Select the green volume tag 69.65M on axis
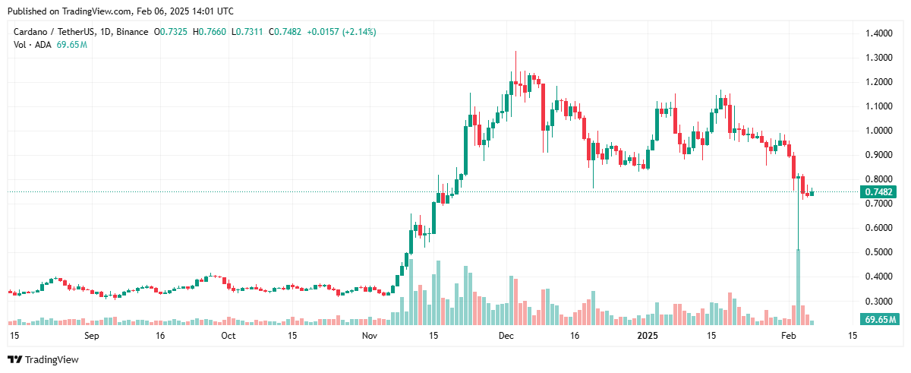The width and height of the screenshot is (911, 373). pos(879,319)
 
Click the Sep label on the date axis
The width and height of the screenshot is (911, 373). pos(91,335)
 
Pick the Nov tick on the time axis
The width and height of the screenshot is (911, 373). pos(369,335)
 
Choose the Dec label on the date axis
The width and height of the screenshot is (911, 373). pos(506,335)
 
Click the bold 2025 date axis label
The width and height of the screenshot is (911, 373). pos(647,335)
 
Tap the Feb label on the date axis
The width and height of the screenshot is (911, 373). pos(788,335)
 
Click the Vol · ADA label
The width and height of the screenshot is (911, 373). pos(33,45)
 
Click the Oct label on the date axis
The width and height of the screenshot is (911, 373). pos(228,335)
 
